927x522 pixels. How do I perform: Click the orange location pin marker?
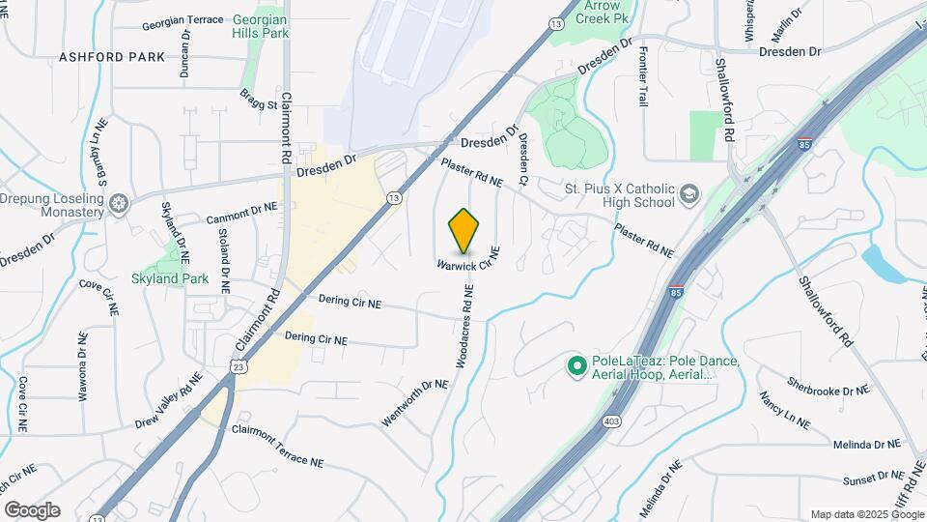click(x=464, y=231)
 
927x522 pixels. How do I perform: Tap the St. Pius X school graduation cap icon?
click(x=689, y=194)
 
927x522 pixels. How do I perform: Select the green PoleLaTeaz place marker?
click(x=576, y=365)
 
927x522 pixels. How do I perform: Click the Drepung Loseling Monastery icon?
click(x=120, y=204)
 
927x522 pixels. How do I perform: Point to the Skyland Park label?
click(x=170, y=278)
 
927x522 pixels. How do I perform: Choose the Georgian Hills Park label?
click(x=261, y=26)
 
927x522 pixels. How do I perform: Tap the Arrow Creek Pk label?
click(x=607, y=12)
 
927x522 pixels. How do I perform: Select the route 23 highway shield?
click(x=237, y=365)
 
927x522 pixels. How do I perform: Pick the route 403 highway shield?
click(x=610, y=421)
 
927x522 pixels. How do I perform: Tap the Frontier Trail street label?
click(x=642, y=80)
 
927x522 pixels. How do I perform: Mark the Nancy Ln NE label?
click(x=785, y=411)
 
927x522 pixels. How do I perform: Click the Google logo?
click(x=32, y=509)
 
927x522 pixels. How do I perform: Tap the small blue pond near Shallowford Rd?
click(x=882, y=261)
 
